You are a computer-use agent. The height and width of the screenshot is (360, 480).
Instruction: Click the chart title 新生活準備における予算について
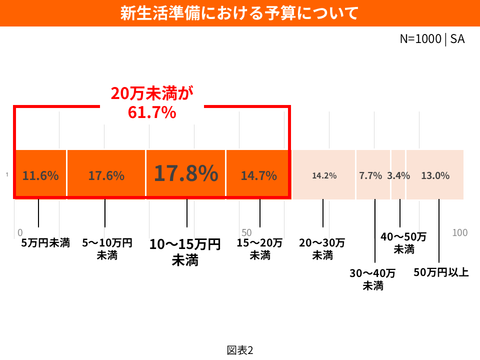pos(239,13)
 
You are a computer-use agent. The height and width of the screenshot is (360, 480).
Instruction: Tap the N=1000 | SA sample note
pos(432,39)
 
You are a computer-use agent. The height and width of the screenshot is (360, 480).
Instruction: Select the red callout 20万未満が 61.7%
pos(152,103)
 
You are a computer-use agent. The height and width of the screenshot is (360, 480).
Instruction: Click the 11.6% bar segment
pos(40,175)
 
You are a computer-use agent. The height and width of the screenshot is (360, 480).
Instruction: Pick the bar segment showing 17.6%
pos(106,175)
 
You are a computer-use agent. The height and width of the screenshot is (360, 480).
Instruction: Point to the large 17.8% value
pos(185,173)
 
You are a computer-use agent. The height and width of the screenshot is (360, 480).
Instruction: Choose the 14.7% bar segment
pos(258,175)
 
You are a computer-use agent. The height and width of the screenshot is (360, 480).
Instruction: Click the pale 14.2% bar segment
pos(324,175)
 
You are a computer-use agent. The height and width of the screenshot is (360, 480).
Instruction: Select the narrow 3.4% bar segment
pos(398,175)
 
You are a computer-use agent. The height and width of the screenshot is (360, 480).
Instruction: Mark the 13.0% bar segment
pos(435,175)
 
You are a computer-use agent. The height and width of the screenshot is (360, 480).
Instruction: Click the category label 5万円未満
pos(45,243)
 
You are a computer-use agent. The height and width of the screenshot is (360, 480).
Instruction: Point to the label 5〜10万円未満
pos(107,249)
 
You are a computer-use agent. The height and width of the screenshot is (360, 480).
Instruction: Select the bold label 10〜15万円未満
pos(185,252)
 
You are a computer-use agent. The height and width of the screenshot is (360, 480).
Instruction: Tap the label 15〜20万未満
pos(259,249)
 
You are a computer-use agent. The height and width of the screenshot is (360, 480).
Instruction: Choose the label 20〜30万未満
pos(322,249)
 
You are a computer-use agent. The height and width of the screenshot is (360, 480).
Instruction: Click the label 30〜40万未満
pos(372,279)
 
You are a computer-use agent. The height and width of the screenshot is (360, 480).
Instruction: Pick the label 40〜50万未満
pos(403,242)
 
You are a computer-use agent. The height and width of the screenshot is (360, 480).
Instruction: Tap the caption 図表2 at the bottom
pos(240,350)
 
